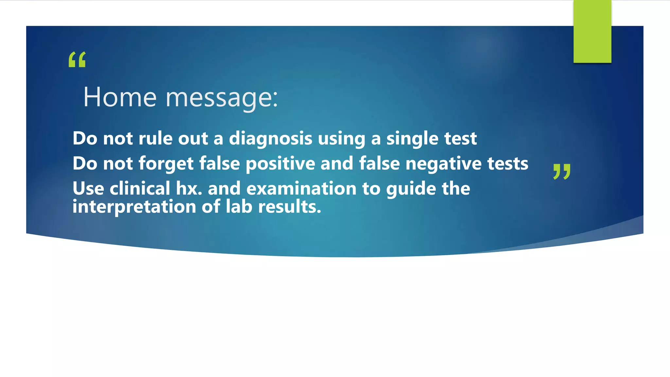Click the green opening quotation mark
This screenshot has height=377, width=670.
pos(77,60)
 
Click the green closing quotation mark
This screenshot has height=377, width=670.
pos(562,171)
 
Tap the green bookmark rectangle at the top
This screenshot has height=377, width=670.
pos(592,31)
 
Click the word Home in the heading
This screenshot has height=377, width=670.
pos(120,97)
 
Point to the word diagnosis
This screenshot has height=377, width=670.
pos(271,139)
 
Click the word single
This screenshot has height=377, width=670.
pos(412,139)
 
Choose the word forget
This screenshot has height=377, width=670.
pos(166,164)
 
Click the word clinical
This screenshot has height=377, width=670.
pos(140,188)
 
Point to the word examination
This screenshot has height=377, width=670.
pos(301,188)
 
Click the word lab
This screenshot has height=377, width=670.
pos(239,206)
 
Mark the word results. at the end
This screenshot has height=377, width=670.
pos(290,206)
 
